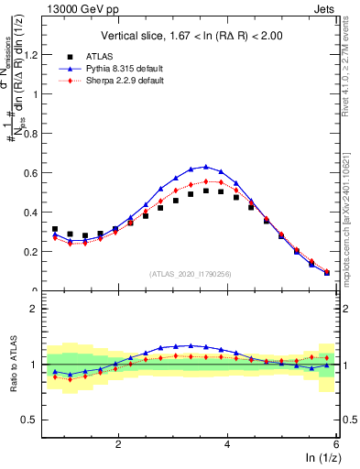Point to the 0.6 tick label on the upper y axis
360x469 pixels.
[30, 172]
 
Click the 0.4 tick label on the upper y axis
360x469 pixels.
[30, 212]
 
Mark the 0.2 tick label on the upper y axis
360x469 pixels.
[30, 251]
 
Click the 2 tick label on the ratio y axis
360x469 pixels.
[35, 309]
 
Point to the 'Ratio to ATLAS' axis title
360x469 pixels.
[12, 365]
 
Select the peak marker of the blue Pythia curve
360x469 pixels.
[206, 167]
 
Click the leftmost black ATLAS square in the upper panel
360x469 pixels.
[55, 229]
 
